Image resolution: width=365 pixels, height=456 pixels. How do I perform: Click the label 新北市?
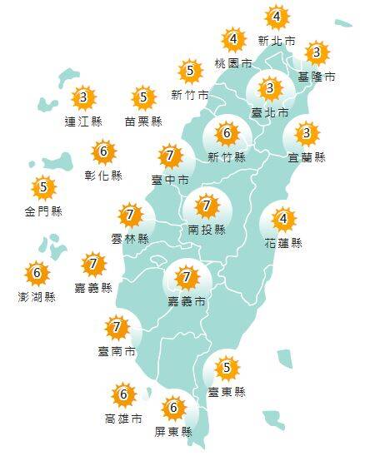277,40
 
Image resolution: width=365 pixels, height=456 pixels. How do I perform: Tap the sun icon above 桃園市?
234,39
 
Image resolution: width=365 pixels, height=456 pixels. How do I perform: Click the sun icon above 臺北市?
269,88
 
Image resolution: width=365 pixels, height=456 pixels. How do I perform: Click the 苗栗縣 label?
142,121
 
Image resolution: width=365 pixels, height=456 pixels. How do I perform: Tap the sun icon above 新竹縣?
226,133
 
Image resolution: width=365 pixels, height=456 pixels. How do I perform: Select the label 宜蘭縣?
308,156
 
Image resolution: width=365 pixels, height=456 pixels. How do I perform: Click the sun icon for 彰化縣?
104,152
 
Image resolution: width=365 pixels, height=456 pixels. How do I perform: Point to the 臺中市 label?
169,179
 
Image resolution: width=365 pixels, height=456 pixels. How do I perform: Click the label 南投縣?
207,229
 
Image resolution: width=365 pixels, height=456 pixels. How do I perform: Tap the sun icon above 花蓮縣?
282,220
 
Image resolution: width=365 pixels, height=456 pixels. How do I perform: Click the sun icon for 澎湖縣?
37,272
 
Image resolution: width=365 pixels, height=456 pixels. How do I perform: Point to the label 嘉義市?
187,300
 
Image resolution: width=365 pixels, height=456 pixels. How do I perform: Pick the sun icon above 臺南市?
117,327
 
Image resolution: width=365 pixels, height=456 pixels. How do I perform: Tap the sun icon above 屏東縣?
173,409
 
